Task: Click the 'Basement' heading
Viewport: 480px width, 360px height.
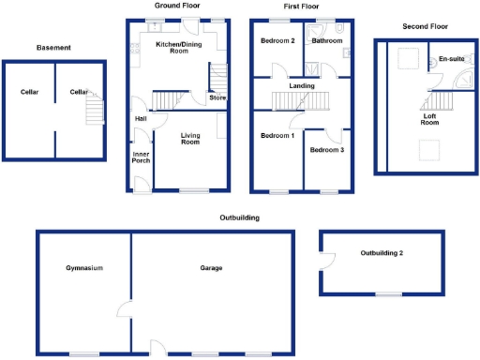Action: pyautogui.click(x=53, y=48)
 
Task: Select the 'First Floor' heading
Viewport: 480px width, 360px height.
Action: pyautogui.click(x=300, y=6)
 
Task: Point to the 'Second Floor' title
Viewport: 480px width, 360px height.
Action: pyautogui.click(x=423, y=27)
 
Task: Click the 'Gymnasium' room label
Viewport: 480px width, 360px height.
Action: pyautogui.click(x=83, y=269)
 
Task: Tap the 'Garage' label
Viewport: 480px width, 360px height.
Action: pyautogui.click(x=211, y=269)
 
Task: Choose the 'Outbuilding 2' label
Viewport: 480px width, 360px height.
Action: pyautogui.click(x=382, y=253)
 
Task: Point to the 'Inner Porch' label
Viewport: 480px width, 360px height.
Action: pyautogui.click(x=142, y=157)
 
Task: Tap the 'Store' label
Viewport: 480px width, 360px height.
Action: pyautogui.click(x=217, y=97)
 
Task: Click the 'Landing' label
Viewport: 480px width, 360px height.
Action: pyautogui.click(x=302, y=87)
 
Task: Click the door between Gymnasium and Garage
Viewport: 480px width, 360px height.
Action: pyautogui.click(x=124, y=310)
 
